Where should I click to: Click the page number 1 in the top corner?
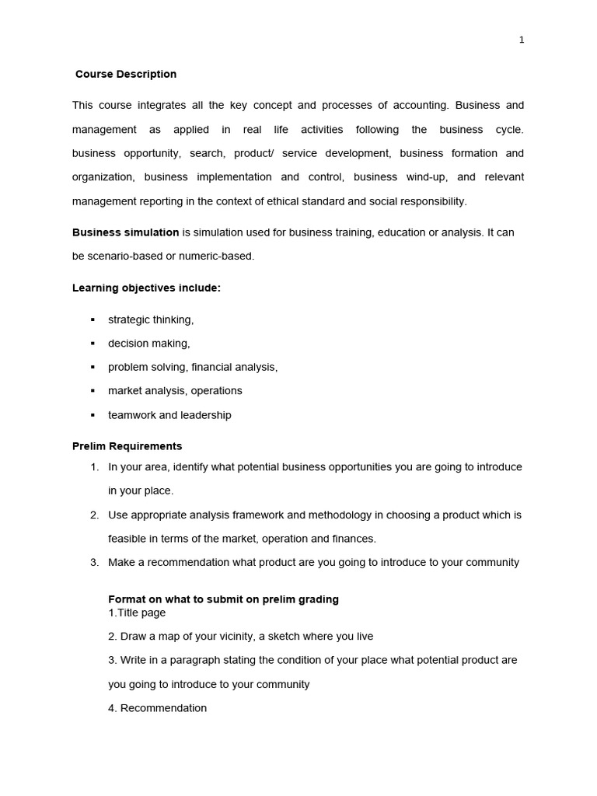[x=522, y=40]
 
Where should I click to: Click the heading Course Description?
[x=126, y=75]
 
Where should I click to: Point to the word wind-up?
[x=425, y=177]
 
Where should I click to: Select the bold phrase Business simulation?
[x=125, y=232]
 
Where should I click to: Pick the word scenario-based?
[x=126, y=257]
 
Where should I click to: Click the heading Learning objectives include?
[x=146, y=288]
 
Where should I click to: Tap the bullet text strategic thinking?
[x=151, y=319]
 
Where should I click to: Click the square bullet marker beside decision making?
[x=93, y=344]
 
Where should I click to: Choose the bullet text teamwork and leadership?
[x=169, y=415]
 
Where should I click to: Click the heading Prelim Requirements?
[x=127, y=447]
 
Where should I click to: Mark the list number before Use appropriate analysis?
[x=94, y=515]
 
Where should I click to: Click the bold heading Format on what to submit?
[x=223, y=599]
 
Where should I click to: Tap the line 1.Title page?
[x=137, y=613]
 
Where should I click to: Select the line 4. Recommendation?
[x=157, y=708]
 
